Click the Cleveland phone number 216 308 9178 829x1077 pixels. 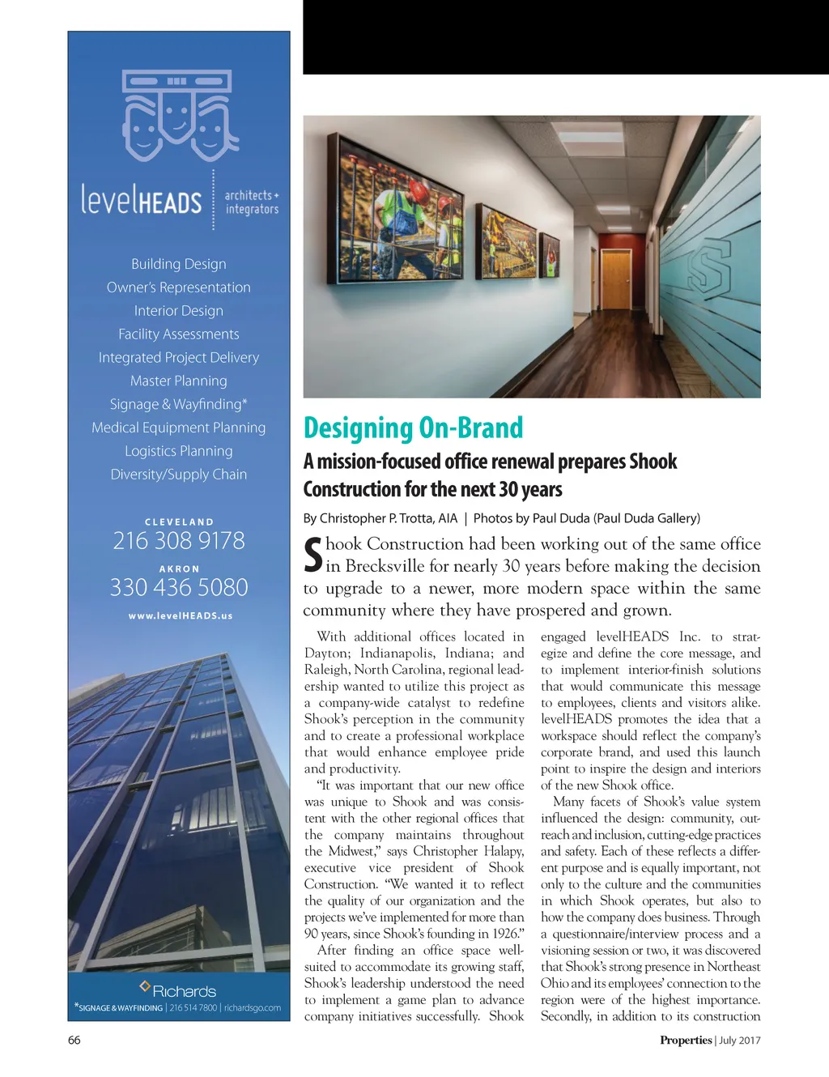179,541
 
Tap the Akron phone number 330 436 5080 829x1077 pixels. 179,588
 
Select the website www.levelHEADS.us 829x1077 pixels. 180,616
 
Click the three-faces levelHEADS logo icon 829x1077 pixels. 178,115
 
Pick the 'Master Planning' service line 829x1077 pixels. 179,381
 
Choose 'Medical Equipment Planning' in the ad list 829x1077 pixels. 179,428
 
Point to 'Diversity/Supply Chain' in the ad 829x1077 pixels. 179,475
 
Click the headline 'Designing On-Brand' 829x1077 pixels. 413,428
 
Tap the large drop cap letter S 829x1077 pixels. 312,555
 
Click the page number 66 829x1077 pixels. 74,1041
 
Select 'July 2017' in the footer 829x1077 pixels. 740,1041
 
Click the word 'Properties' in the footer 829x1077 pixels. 686,1041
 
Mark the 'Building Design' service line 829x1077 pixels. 179,264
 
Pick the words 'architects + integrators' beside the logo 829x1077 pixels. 251,202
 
